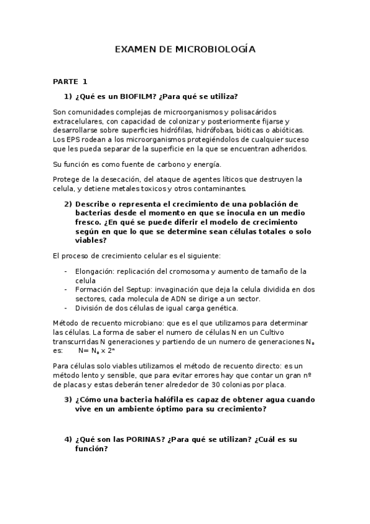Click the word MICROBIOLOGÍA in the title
tap(216, 49)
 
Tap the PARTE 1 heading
tap(70, 81)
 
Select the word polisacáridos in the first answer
tap(253, 112)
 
